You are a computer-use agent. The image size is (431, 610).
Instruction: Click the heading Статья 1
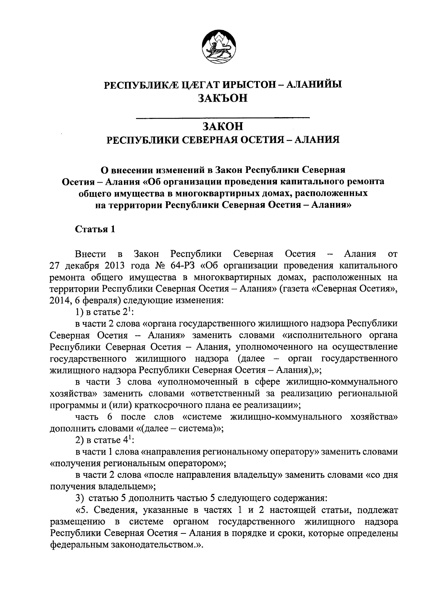[95, 229]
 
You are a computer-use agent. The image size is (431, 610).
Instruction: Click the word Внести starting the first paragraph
[91, 254]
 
